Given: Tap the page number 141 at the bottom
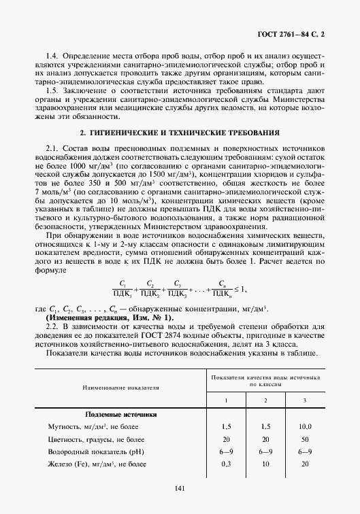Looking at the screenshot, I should pyautogui.click(x=180, y=489).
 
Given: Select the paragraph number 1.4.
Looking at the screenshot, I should pyautogui.click(x=50, y=54).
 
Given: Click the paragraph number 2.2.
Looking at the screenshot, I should pyautogui.click(x=51, y=328).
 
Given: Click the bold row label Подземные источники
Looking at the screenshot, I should pyautogui.click(x=120, y=414).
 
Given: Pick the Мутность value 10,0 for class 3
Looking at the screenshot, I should pyautogui.click(x=304, y=426).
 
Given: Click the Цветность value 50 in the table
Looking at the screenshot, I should pyautogui.click(x=304, y=439).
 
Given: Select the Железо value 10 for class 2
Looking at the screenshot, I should pyautogui.click(x=265, y=464).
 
